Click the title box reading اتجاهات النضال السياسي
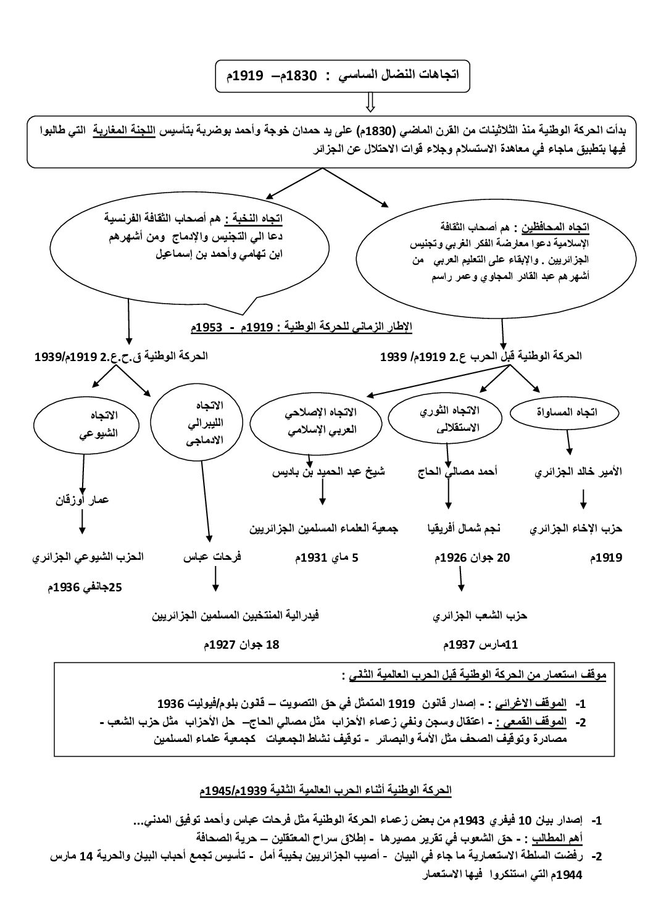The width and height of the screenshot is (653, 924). tap(343, 77)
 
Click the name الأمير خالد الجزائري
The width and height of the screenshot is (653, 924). tap(578, 472)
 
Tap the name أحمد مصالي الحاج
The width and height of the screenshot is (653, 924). tap(457, 472)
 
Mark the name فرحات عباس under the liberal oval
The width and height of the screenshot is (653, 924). tap(212, 557)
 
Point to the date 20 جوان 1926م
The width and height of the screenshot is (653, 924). tap(473, 557)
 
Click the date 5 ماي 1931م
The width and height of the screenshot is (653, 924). tap(326, 557)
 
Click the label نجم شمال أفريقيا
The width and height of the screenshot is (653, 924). tap(464, 529)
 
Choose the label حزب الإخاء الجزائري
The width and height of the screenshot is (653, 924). tap(576, 529)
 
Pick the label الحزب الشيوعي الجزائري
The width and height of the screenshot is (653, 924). tap(88, 557)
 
